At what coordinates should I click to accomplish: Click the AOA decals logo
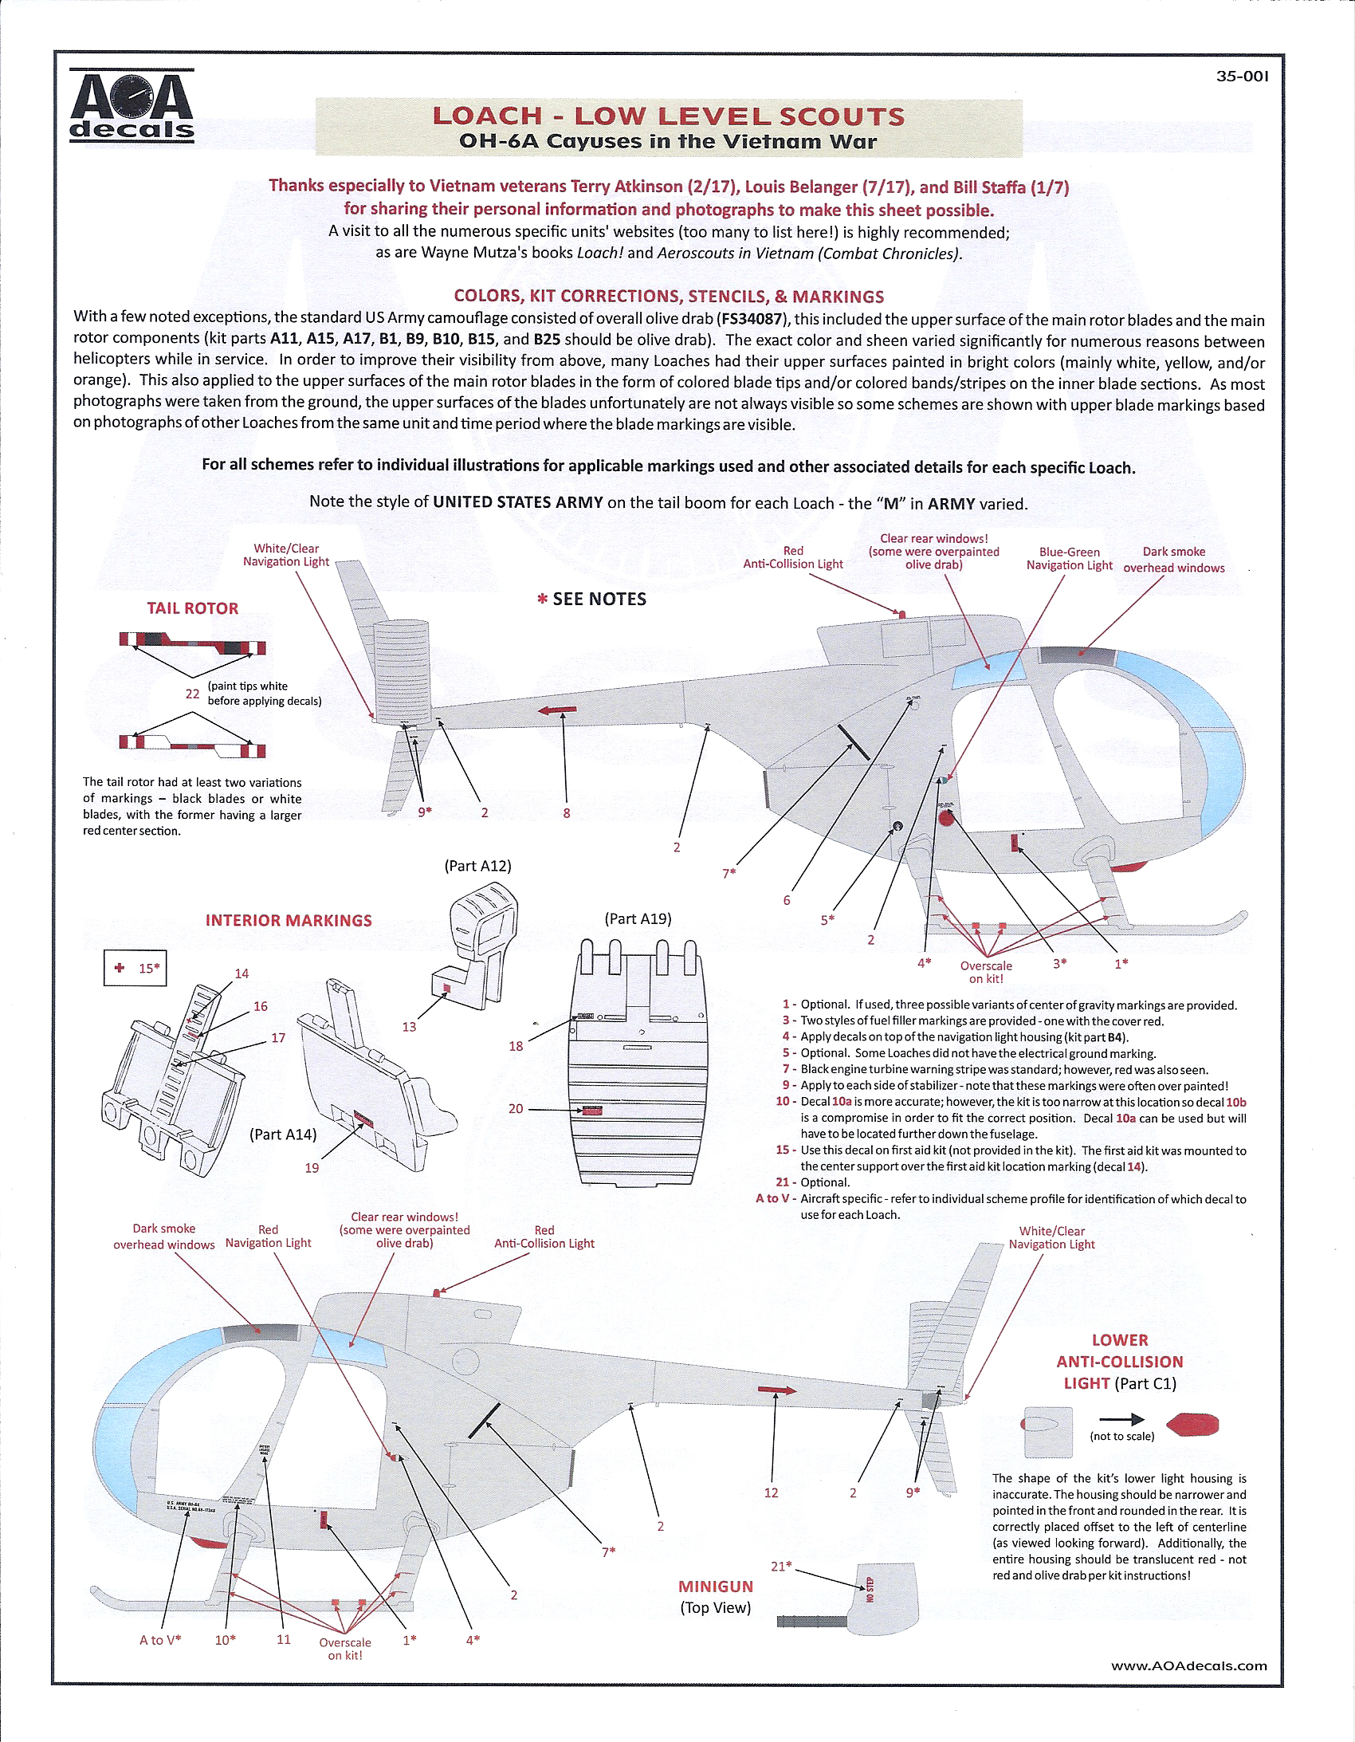pyautogui.click(x=132, y=105)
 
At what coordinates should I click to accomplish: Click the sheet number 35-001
pyautogui.click(x=1242, y=77)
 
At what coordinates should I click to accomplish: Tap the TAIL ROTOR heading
pyautogui.click(x=192, y=608)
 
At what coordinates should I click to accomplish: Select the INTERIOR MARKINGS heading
pyautogui.click(x=289, y=921)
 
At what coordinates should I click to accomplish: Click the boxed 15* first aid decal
pyautogui.click(x=135, y=969)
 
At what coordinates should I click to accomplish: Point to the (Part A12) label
pyautogui.click(x=477, y=865)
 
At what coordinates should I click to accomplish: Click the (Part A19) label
pyautogui.click(x=638, y=919)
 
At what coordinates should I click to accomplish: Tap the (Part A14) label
pyautogui.click(x=283, y=1134)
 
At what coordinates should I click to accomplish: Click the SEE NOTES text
pyautogui.click(x=591, y=599)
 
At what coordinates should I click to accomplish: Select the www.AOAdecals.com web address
pyautogui.click(x=1188, y=1665)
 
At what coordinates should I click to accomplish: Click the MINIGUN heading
pyautogui.click(x=716, y=1587)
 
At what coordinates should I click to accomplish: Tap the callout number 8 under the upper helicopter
pyautogui.click(x=566, y=813)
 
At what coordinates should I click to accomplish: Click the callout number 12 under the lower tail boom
pyautogui.click(x=772, y=1492)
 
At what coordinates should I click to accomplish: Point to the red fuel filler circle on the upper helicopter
pyautogui.click(x=947, y=817)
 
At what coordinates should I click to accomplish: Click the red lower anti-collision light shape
pyautogui.click(x=1192, y=1424)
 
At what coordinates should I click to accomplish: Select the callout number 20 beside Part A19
pyautogui.click(x=516, y=1109)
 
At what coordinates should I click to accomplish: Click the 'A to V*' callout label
pyautogui.click(x=160, y=1640)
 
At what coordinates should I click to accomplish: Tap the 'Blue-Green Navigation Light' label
pyautogui.click(x=1069, y=558)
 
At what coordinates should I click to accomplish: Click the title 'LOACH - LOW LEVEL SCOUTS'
pyautogui.click(x=668, y=116)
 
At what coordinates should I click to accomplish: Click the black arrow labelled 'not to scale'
pyautogui.click(x=1121, y=1420)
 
